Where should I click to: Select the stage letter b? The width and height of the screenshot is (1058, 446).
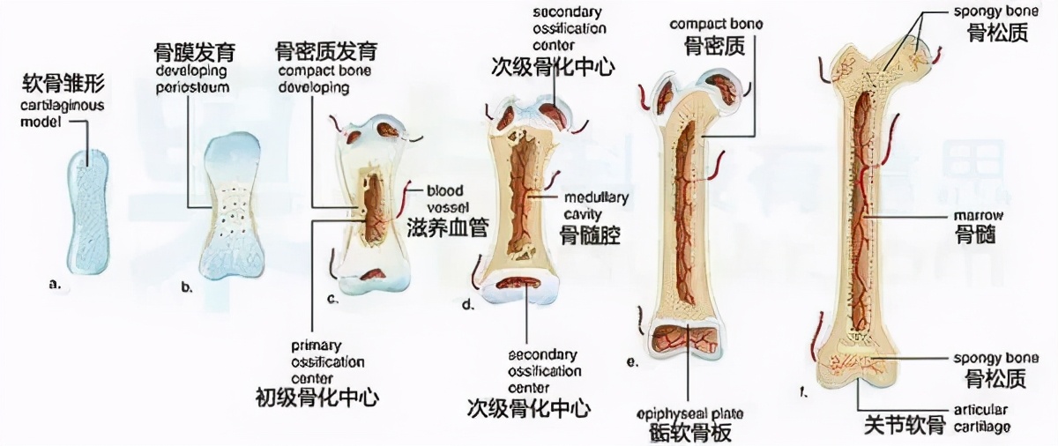click(x=186, y=286)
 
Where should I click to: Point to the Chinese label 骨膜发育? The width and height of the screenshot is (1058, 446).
click(x=191, y=53)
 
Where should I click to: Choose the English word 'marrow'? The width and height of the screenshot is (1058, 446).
click(x=974, y=215)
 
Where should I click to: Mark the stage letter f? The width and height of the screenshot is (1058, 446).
click(x=804, y=393)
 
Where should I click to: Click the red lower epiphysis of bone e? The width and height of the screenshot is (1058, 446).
click(x=683, y=339)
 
